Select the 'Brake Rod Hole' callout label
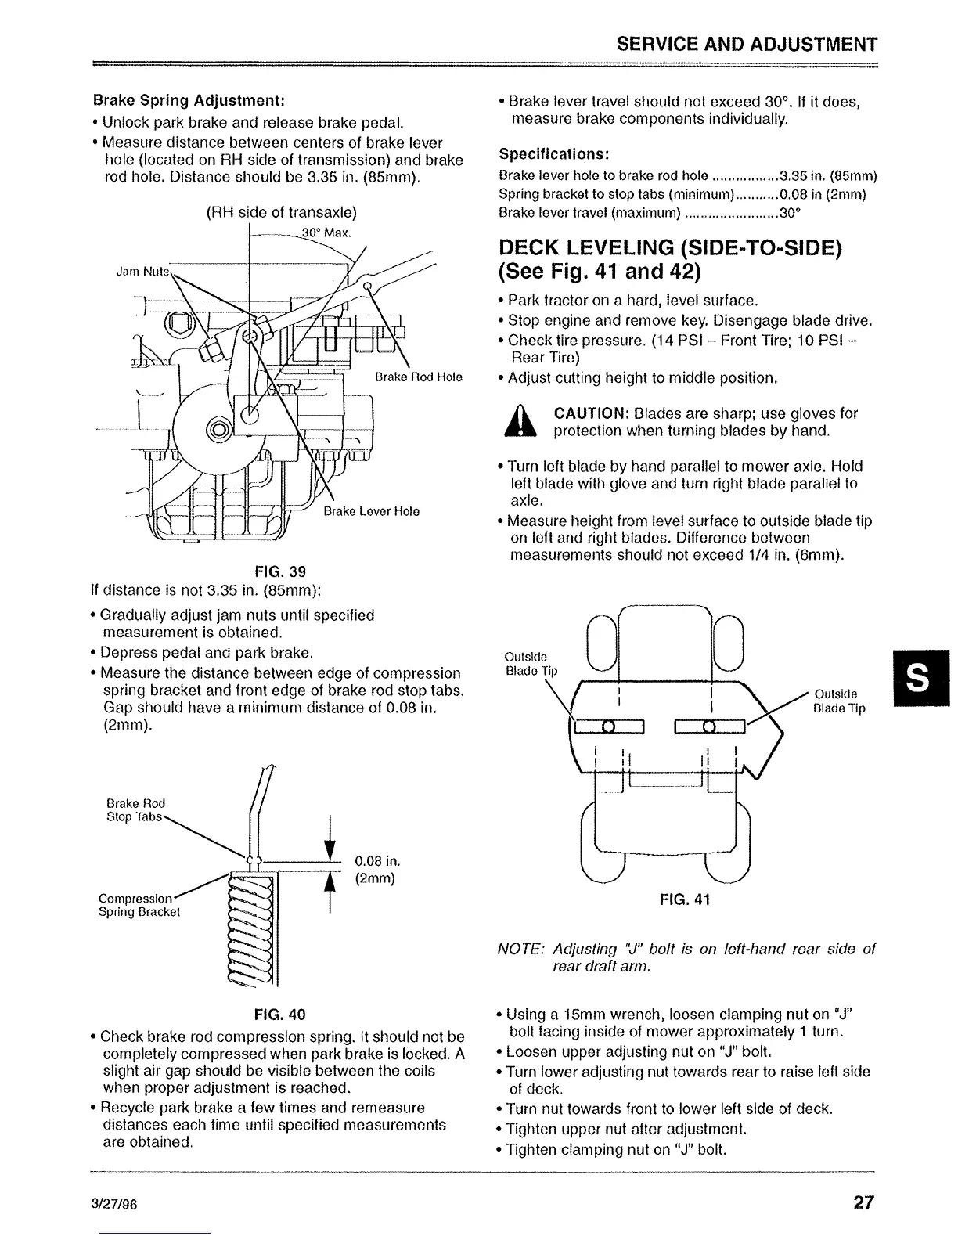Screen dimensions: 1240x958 tap(419, 377)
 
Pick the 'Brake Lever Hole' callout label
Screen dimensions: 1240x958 tap(372, 511)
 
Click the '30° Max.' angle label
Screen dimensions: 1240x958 tap(327, 232)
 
